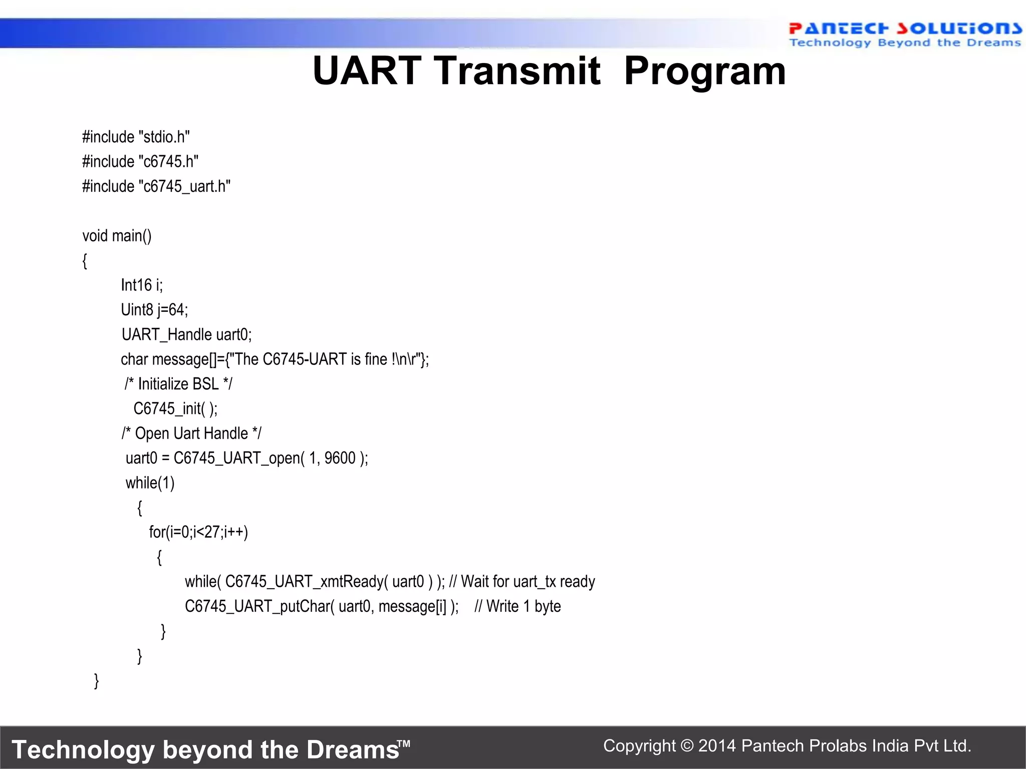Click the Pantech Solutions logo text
point(904,29)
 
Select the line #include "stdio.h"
point(136,137)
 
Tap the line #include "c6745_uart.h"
point(156,186)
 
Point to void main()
point(117,235)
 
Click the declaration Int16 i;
point(142,285)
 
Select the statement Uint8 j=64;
point(154,310)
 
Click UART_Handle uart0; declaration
point(186,334)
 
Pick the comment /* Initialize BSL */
point(178,384)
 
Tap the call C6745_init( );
point(175,409)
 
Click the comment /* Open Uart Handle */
point(191,433)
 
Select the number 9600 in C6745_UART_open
point(340,458)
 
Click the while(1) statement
point(150,483)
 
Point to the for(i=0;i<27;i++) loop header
point(198,532)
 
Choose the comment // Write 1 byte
point(518,606)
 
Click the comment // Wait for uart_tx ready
point(522,581)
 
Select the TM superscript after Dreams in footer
point(405,743)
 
